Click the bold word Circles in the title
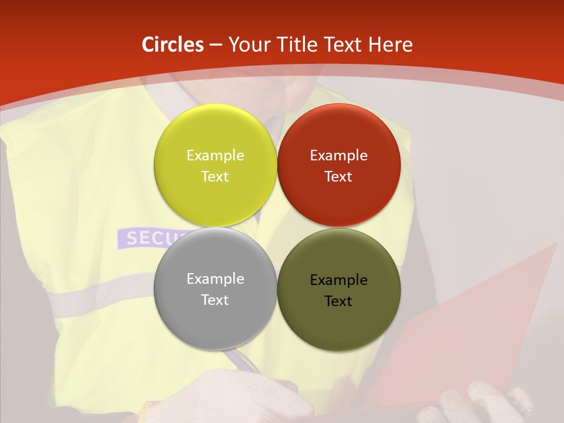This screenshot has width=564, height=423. tap(173, 45)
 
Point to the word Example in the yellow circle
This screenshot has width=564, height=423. tap(215, 155)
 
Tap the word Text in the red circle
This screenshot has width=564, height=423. tap(338, 176)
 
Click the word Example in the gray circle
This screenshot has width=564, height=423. tap(215, 278)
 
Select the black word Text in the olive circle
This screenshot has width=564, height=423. tap(338, 301)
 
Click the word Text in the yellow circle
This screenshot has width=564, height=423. tap(215, 176)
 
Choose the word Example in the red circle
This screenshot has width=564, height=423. tap(338, 155)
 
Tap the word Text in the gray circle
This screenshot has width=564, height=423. tap(215, 300)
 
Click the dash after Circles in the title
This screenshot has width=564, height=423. tap(216, 45)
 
